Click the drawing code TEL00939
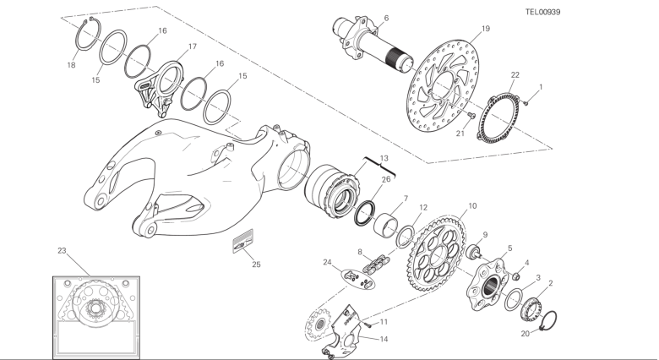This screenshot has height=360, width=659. [x=542, y=12]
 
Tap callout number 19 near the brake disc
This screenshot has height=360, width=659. [x=486, y=29]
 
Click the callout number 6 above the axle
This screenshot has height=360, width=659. [x=386, y=18]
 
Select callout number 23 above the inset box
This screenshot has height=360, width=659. [x=62, y=251]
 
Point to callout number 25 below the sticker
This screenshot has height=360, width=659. [x=256, y=265]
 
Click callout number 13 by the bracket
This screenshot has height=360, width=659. [x=384, y=159]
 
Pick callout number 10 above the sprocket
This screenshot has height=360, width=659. [x=472, y=206]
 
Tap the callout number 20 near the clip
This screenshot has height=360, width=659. [x=526, y=334]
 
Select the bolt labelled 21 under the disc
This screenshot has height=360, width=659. [x=471, y=115]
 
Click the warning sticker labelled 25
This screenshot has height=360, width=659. [x=243, y=242]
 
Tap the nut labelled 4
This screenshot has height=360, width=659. [x=517, y=276]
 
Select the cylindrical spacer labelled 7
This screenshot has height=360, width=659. [x=386, y=223]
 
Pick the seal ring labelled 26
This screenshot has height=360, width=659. [x=365, y=213]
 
